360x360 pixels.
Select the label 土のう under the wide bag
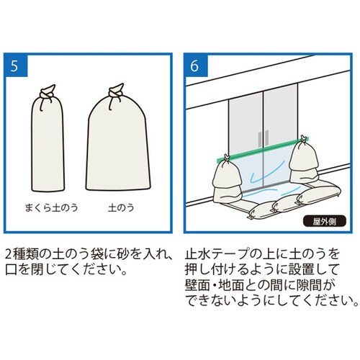tap(117, 207)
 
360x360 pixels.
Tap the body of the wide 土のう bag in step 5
tap(117, 151)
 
